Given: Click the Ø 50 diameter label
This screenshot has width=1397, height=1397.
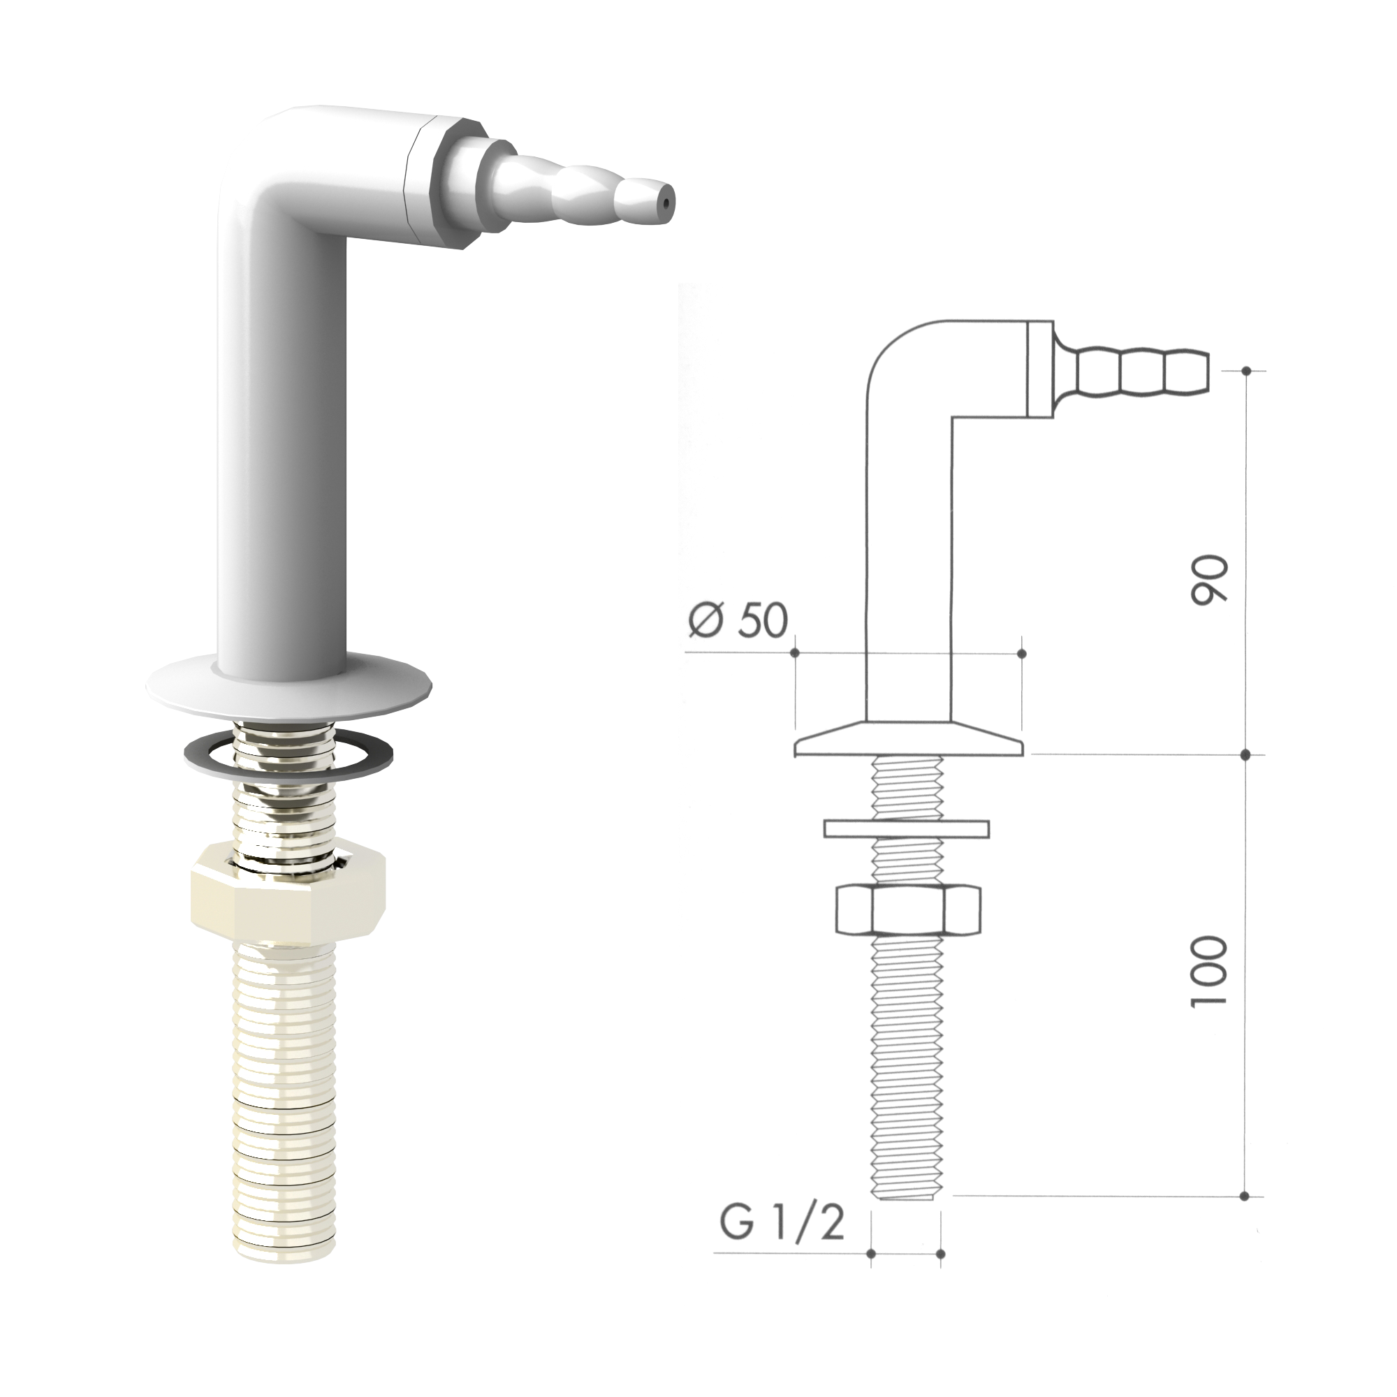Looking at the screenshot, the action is (738, 620).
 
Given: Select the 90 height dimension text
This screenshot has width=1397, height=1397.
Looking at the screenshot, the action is (1208, 578).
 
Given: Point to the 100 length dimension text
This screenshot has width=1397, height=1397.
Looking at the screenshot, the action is (1208, 971).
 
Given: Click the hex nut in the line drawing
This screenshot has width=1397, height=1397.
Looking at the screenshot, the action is (907, 909).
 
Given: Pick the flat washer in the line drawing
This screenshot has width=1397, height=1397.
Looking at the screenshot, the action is (907, 828).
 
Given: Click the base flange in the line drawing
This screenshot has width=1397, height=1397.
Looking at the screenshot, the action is (908, 739).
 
